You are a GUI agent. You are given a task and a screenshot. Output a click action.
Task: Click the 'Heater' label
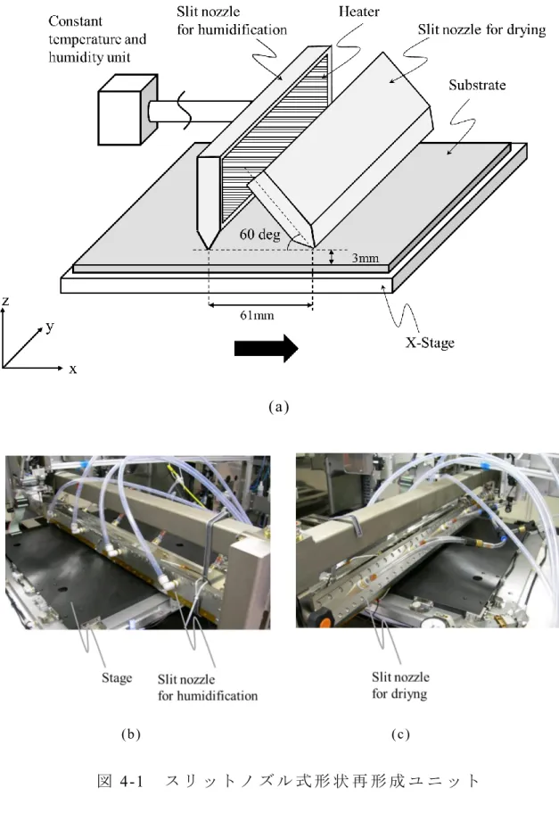358,12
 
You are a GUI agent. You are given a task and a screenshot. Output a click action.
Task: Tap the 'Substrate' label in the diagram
477,85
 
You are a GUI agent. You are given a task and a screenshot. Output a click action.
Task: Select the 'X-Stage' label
430,343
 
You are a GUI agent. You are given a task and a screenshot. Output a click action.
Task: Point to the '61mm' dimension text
257,315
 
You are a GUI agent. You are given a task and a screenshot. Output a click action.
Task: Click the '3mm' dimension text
366,258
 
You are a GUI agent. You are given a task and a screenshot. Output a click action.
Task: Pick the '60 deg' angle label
259,235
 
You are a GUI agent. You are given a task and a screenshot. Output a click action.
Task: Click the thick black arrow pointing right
267,348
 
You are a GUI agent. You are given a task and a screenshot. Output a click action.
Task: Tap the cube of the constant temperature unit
127,110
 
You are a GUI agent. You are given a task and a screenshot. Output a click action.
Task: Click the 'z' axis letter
5,301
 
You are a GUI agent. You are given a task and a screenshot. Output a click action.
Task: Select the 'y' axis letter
50,327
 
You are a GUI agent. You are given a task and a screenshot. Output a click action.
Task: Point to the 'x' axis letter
72,369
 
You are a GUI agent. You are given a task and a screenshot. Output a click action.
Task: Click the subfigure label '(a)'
279,407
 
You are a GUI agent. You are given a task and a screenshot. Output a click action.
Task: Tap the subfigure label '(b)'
130,734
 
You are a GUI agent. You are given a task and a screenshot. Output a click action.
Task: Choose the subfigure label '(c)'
400,734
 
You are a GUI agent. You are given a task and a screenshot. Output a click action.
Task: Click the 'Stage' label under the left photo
117,678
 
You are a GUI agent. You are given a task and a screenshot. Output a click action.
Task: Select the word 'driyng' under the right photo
409,694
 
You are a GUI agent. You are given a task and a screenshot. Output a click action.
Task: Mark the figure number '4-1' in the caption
131,781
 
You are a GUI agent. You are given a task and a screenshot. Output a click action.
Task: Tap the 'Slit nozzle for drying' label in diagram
481,30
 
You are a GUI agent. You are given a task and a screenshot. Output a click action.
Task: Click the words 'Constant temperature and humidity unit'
97,39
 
